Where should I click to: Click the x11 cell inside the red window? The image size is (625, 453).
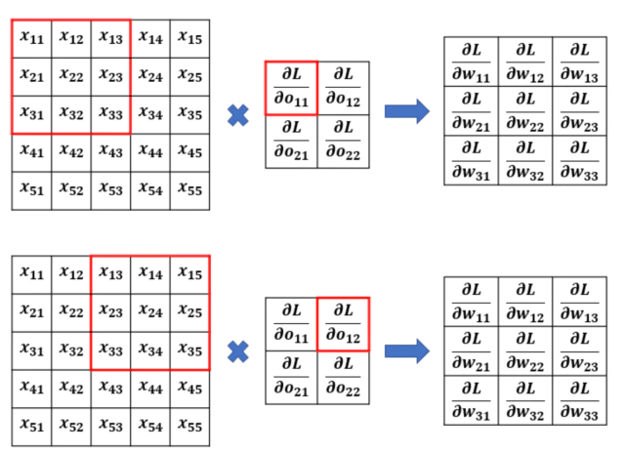(x=31, y=39)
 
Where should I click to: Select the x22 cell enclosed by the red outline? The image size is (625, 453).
(x=71, y=76)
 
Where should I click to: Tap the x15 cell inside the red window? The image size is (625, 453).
(x=189, y=274)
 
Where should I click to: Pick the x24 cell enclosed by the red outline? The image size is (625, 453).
(x=150, y=312)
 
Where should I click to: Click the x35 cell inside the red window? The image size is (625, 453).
(x=189, y=350)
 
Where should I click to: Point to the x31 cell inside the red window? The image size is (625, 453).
(x=31, y=114)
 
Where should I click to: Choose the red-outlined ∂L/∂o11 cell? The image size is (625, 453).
(x=291, y=88)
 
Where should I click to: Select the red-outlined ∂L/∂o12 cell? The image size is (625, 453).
(x=343, y=324)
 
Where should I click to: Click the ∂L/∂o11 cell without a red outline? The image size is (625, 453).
(x=291, y=324)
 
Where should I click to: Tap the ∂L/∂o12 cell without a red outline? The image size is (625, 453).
(x=343, y=88)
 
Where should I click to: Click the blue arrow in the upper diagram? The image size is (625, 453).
(x=407, y=111)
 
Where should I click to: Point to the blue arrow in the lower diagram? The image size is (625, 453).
(x=407, y=351)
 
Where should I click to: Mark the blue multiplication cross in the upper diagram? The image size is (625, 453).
(x=238, y=115)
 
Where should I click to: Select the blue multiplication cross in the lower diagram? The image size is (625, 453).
(x=238, y=351)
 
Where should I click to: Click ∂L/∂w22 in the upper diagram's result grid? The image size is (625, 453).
(x=525, y=111)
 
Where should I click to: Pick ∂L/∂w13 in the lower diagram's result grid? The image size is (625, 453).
(x=579, y=302)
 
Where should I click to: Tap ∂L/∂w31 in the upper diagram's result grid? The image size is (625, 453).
(x=471, y=160)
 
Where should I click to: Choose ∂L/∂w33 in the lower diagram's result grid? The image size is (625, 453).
(x=579, y=400)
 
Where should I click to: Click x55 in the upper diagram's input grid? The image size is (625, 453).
(x=189, y=190)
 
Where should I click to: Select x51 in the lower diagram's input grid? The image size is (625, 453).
(x=31, y=427)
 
